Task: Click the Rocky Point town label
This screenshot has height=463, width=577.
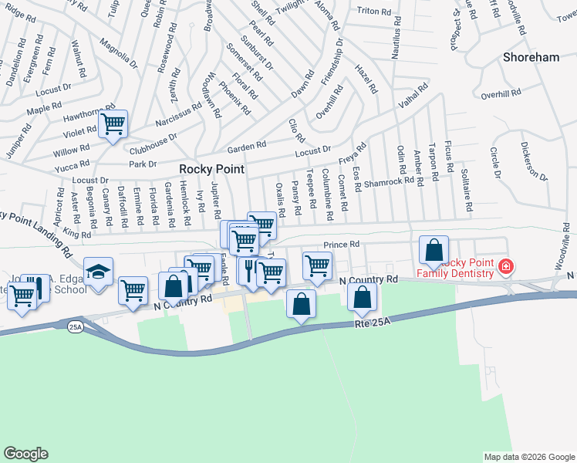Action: click(x=211, y=169)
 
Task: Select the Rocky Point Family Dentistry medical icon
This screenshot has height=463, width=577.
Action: click(x=505, y=267)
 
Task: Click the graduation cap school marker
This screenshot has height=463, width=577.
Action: click(x=99, y=272)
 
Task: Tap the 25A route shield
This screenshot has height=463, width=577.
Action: click(x=75, y=327)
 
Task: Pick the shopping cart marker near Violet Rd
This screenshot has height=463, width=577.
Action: click(x=113, y=123)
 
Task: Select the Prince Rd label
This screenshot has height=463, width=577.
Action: click(x=342, y=245)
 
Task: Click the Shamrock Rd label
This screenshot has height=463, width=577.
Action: click(x=390, y=182)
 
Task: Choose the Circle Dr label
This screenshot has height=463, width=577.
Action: click(x=494, y=163)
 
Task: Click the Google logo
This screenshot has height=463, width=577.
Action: click(x=25, y=454)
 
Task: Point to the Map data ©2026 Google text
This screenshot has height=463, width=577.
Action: click(x=528, y=457)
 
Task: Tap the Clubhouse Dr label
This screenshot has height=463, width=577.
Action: click(x=153, y=143)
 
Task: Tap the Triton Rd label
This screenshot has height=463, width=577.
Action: click(x=375, y=11)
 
